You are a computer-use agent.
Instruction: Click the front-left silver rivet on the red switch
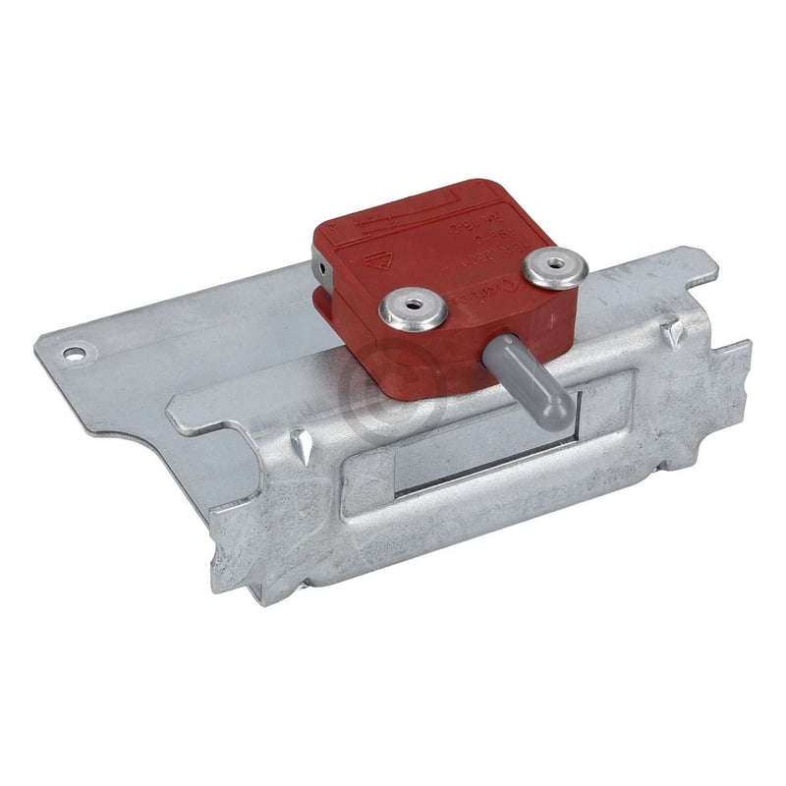414,309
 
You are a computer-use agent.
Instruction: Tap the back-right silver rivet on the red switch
555,266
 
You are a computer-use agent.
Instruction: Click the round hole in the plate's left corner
74,351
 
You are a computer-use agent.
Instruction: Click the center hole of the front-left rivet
414,307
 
